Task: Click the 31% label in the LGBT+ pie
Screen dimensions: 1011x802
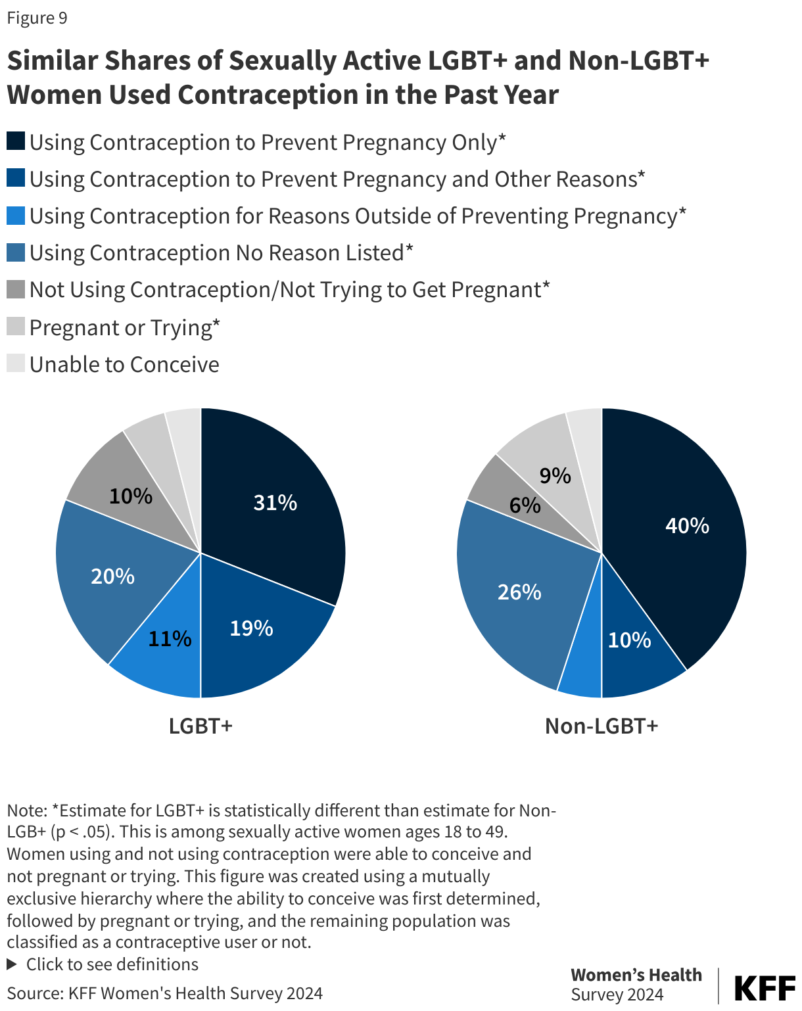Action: (x=275, y=503)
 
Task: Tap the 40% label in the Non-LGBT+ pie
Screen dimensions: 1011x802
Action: (x=687, y=526)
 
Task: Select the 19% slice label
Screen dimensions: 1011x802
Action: (x=251, y=628)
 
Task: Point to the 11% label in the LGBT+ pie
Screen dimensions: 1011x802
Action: (x=170, y=639)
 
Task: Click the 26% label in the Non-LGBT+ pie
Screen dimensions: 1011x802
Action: (x=519, y=592)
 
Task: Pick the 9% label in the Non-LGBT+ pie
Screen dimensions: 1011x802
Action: (x=555, y=476)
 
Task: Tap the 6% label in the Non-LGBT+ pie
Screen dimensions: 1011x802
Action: (x=525, y=505)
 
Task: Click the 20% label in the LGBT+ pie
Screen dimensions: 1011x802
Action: (x=112, y=576)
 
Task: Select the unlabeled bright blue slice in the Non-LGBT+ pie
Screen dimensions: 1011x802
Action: (x=582, y=677)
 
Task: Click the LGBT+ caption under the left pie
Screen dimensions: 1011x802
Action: (x=200, y=726)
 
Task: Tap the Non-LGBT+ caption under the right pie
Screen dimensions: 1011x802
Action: (x=601, y=726)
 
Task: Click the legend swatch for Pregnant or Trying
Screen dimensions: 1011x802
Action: (x=16, y=327)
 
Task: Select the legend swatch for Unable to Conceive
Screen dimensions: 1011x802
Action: (x=16, y=364)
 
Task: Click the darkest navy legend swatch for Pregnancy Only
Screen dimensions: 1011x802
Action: (x=16, y=141)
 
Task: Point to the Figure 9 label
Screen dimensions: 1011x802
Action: (x=37, y=18)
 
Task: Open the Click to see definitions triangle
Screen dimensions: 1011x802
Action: (x=12, y=964)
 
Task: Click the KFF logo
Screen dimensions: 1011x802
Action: (x=764, y=988)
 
